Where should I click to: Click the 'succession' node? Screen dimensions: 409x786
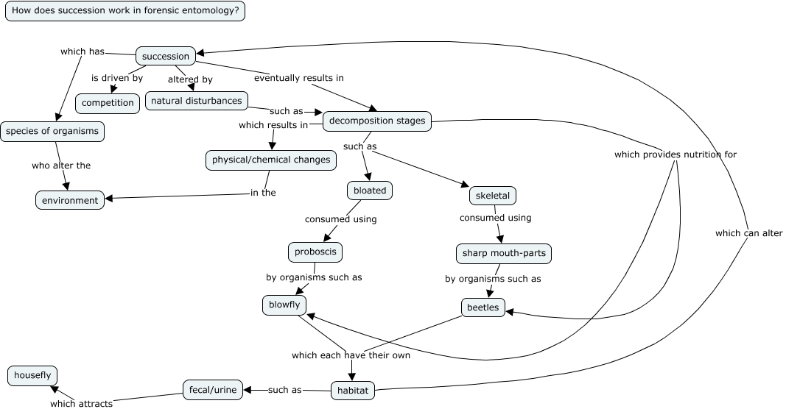click(166, 56)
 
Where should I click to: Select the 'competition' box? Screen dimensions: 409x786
click(108, 103)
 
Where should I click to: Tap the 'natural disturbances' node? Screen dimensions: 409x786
click(197, 100)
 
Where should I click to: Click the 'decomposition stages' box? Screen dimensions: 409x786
click(377, 121)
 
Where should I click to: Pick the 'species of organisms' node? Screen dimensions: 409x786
click(52, 132)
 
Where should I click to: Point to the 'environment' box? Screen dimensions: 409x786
click(70, 200)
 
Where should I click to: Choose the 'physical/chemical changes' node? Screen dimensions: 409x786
click(271, 160)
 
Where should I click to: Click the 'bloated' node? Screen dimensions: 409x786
click(370, 191)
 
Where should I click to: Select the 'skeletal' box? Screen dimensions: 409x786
click(493, 196)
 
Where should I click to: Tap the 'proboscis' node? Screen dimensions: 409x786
click(315, 252)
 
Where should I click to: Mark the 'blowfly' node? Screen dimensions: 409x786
click(284, 305)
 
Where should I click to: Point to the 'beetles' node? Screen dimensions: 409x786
click(483, 307)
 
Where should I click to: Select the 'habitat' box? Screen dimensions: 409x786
click(353, 391)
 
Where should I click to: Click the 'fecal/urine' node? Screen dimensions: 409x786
click(213, 390)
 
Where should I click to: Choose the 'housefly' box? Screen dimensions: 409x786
click(32, 375)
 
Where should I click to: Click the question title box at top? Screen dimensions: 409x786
click(125, 11)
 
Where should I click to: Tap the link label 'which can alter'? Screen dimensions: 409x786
click(748, 233)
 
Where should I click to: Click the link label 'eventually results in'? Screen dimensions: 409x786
click(298, 77)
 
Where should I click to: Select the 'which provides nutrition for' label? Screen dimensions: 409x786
click(675, 154)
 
